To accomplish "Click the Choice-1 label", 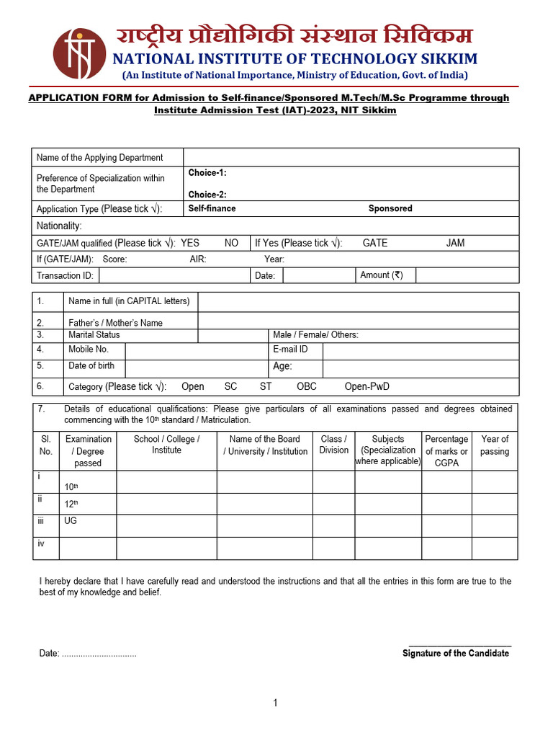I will click(x=207, y=173).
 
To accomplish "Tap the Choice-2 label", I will click(x=207, y=195).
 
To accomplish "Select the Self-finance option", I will click(x=212, y=208).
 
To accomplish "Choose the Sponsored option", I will click(x=390, y=208).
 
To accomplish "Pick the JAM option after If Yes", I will click(x=455, y=243).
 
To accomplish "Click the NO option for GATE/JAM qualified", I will click(x=231, y=243).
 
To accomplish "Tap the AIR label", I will click(x=198, y=259).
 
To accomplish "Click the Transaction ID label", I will click(x=65, y=275).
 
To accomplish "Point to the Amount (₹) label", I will click(x=382, y=275).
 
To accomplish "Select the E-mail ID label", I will click(x=290, y=350).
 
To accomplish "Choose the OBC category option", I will click(x=307, y=386).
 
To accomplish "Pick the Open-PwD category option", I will click(x=367, y=386).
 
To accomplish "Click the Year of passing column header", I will click(x=495, y=445).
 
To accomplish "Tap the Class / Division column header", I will click(x=333, y=445).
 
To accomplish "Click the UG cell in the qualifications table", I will click(x=71, y=520).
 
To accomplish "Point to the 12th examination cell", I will click(x=71, y=504).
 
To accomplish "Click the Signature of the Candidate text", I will click(x=455, y=653).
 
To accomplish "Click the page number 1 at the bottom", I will click(x=275, y=703).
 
